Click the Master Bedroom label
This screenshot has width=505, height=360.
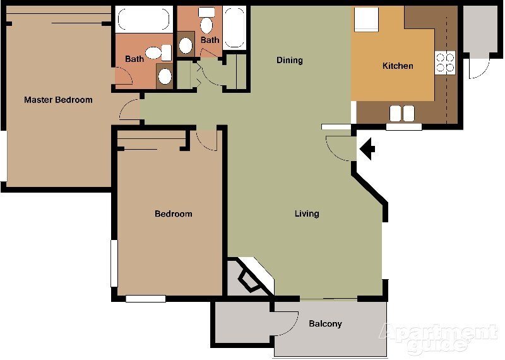pyautogui.click(x=58, y=100)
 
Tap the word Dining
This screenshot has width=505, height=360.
pyautogui.click(x=290, y=61)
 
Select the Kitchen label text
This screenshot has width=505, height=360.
pyautogui.click(x=398, y=66)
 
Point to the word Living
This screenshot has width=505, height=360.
pyautogui.click(x=307, y=213)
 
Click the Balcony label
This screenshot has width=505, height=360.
pyautogui.click(x=325, y=324)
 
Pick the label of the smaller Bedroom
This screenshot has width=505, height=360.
pyautogui.click(x=173, y=214)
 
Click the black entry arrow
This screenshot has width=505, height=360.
pyautogui.click(x=367, y=150)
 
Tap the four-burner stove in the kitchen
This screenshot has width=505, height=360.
pyautogui.click(x=445, y=61)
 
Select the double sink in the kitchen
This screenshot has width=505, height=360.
pyautogui.click(x=402, y=113)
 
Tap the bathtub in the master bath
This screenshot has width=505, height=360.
pyautogui.click(x=144, y=19)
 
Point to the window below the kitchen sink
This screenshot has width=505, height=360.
pyautogui.click(x=403, y=127)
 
